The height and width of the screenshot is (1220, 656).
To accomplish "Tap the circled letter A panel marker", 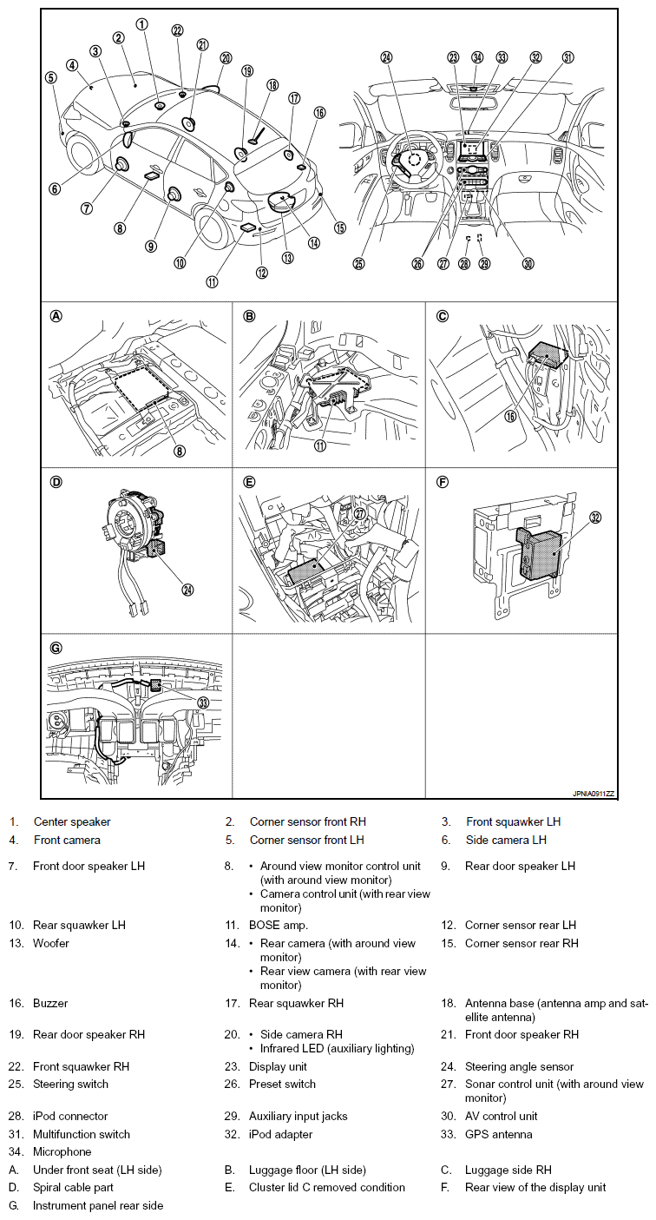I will click(57, 316).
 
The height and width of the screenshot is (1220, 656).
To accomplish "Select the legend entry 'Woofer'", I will click(51, 943).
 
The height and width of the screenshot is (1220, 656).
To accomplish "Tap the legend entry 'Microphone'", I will click(62, 1151).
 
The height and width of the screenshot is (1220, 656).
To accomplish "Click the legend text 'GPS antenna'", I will click(499, 1134).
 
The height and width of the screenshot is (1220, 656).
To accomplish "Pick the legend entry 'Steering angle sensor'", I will click(303, 1066).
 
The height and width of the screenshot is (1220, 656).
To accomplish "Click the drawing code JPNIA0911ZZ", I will click(593, 794).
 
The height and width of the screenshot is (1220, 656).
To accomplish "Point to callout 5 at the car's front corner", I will click(51, 76).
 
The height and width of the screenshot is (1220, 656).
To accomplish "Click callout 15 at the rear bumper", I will click(339, 228).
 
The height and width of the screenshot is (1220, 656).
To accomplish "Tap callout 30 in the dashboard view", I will click(528, 264).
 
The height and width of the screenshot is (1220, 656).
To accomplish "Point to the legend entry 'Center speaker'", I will click(72, 821).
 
